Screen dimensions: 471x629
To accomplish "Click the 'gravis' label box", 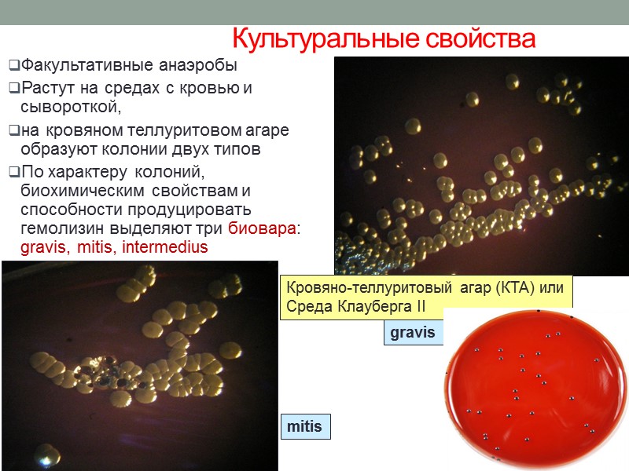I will pos(412,332).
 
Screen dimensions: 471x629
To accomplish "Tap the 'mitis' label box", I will pos(304,427).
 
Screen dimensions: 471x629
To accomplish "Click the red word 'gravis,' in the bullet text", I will pos(46,247).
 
